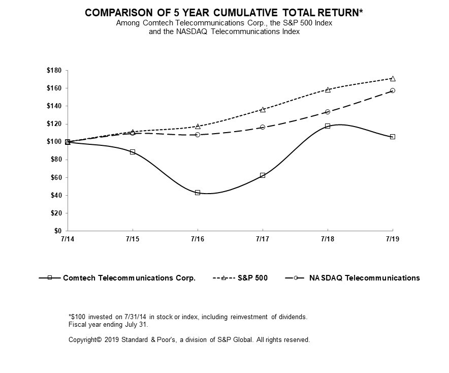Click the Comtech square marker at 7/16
click(198, 193)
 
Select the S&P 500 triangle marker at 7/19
click(393, 78)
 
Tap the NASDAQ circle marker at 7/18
click(328, 112)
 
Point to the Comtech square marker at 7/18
click(328, 126)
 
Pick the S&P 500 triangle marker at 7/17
click(263, 109)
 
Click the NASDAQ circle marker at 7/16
click(198, 135)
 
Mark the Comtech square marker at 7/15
click(133, 152)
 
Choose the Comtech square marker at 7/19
click(393, 137)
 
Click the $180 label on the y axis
click(53, 70)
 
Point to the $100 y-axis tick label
click(53, 142)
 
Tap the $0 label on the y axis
click(57, 231)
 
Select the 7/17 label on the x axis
click(263, 238)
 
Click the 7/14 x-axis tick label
click(68, 238)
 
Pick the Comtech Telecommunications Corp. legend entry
click(129, 278)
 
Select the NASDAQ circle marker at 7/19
click(393, 90)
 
